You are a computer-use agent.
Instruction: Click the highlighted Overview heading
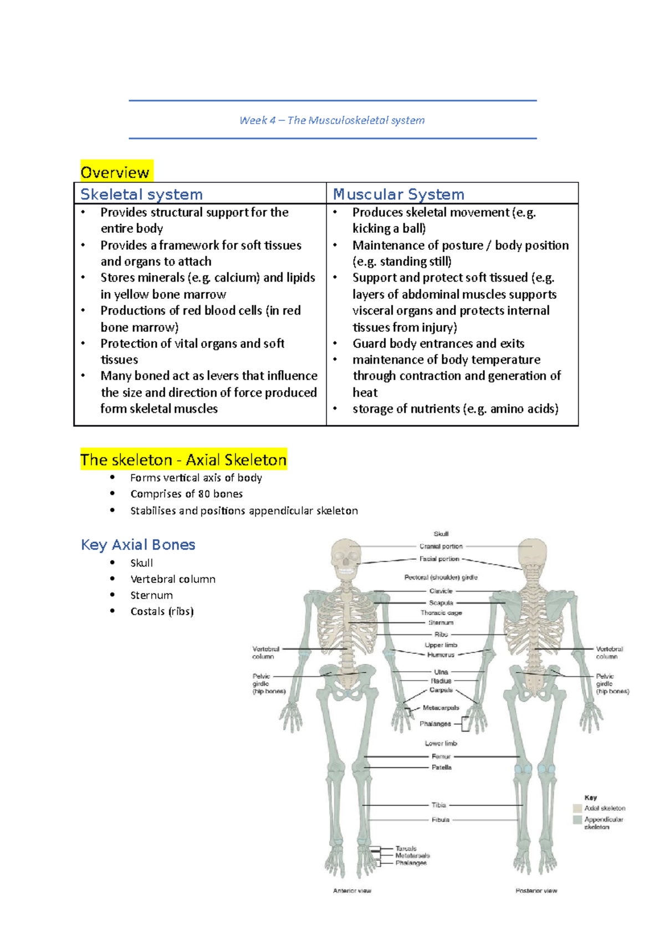(x=115, y=172)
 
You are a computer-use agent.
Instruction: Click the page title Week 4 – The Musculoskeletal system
(x=332, y=120)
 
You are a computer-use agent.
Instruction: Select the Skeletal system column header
(x=141, y=195)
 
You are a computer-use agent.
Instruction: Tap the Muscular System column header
(x=398, y=195)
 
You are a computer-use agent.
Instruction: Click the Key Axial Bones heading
(x=138, y=545)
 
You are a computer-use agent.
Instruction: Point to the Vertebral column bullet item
(x=172, y=579)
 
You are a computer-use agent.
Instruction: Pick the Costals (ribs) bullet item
(x=162, y=611)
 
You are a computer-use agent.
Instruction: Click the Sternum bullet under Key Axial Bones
(x=151, y=595)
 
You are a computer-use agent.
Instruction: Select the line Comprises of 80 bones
(x=186, y=494)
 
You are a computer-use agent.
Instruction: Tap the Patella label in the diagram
(x=442, y=768)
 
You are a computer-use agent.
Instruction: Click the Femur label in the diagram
(x=441, y=756)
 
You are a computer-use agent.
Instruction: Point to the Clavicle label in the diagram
(x=441, y=591)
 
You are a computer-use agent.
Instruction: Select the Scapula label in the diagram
(x=441, y=603)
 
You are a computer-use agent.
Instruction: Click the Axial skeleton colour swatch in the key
(x=577, y=808)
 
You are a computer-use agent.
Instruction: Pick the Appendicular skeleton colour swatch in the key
(x=577, y=820)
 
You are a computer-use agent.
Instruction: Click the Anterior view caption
(x=352, y=891)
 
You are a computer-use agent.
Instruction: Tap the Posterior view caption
(x=536, y=891)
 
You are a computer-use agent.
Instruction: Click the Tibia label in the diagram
(x=439, y=805)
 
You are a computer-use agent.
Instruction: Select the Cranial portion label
(x=441, y=546)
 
